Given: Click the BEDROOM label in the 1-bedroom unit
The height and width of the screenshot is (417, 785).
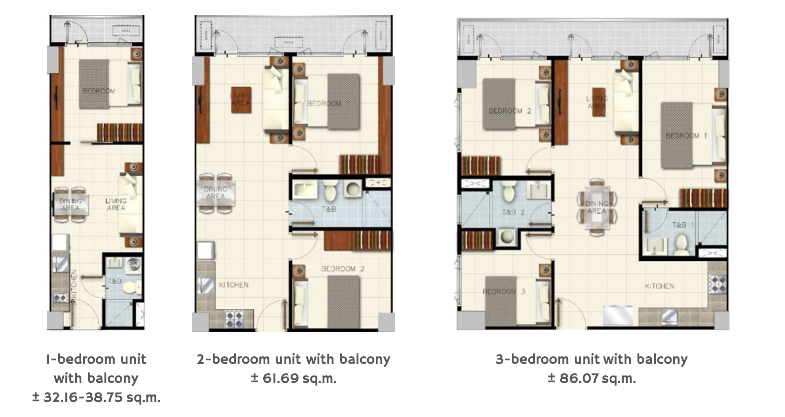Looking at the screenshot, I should [x=99, y=91].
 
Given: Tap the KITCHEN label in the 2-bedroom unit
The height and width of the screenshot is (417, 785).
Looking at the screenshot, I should [x=234, y=285].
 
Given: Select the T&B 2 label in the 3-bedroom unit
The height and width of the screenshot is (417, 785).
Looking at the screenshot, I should [x=513, y=212].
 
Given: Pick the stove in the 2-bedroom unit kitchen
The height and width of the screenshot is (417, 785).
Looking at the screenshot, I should [x=234, y=319].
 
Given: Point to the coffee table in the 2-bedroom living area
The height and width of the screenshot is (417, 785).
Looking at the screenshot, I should [x=241, y=99].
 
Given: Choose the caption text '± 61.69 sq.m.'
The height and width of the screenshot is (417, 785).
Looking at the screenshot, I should [x=294, y=379].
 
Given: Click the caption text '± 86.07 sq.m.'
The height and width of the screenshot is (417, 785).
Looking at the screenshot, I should [x=592, y=379].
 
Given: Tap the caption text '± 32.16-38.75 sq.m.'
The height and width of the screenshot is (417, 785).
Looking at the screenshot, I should [x=96, y=397].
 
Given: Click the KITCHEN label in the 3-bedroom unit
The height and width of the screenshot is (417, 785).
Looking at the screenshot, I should [x=659, y=286].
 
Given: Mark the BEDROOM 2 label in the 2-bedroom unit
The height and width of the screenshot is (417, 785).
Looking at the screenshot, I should [x=343, y=269].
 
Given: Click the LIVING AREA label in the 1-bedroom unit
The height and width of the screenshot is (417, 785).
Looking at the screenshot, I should [x=116, y=205].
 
